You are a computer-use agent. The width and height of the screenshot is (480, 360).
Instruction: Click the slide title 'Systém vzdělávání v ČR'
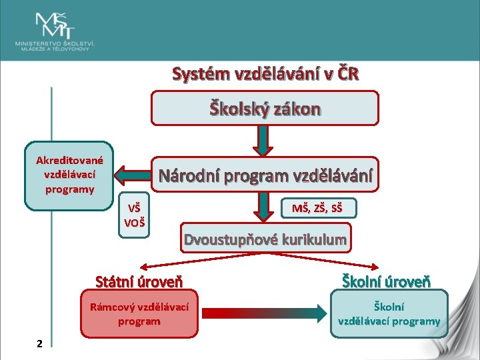(265, 73)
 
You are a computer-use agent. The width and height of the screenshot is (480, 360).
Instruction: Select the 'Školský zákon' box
(265, 109)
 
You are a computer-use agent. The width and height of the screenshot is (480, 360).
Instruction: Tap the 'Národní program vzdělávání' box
(265, 176)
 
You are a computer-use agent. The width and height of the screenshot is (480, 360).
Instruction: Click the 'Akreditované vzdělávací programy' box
(69, 175)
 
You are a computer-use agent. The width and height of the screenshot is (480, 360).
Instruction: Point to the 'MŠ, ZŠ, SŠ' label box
(317, 209)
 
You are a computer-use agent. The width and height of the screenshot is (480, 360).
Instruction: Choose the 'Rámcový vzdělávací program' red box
(139, 313)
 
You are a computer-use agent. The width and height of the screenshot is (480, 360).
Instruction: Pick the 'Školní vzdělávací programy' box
(389, 314)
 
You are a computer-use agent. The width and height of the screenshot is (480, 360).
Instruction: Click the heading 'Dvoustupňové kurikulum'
(265, 239)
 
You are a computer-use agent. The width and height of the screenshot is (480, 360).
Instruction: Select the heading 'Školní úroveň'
(386, 281)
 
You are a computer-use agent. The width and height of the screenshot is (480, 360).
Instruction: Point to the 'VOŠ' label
(135, 221)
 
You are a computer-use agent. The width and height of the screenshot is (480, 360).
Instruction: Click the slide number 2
(40, 343)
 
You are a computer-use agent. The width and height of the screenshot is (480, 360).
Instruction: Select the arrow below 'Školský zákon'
(265, 140)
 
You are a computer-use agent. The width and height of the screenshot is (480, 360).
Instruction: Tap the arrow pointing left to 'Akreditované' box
(133, 176)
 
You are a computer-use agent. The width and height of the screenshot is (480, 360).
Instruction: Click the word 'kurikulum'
(314, 239)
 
